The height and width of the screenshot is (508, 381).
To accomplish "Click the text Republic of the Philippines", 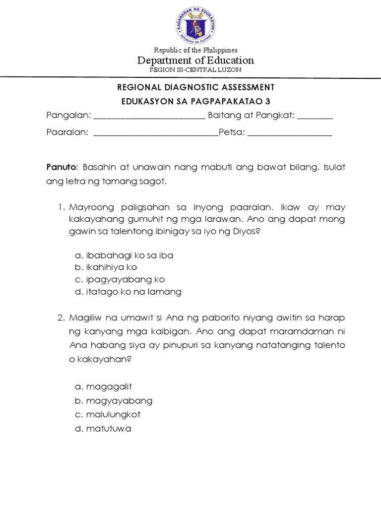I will click(195, 50).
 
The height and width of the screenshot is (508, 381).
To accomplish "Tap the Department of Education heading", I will click(195, 61).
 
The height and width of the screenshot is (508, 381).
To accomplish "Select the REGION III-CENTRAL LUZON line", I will click(195, 70).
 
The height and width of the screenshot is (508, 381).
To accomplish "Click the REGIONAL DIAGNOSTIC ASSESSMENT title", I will click(195, 87).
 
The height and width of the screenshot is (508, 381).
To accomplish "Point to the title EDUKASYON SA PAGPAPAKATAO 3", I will click(195, 101).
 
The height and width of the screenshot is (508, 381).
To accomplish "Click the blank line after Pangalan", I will click(149, 117).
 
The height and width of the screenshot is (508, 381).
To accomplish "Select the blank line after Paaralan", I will click(155, 134).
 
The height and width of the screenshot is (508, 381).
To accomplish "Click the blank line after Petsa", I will click(289, 134).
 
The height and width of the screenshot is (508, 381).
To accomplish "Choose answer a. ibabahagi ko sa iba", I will click(124, 255).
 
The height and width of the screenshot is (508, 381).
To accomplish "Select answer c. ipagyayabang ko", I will click(120, 279).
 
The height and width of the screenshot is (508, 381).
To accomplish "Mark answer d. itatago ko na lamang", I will click(128, 292).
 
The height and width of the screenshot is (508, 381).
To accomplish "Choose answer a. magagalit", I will click(103, 386).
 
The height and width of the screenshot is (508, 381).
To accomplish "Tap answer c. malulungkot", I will click(108, 414).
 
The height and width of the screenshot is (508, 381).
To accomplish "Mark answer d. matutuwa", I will click(103, 429).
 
